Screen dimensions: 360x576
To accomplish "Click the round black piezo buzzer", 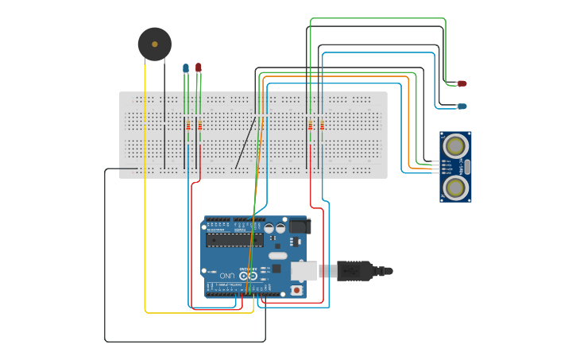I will point(154,45).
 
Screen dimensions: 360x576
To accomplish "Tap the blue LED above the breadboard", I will point(186,68).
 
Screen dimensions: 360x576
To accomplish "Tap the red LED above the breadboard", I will point(199,68).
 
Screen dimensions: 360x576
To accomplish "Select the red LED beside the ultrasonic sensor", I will point(462,83).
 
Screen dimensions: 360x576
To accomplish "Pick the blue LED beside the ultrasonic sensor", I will point(462,106).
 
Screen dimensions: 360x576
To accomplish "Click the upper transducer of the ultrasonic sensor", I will point(455,145).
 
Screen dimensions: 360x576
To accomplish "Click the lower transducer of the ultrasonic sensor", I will point(455,188).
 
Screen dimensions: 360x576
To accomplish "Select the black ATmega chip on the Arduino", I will point(234,239).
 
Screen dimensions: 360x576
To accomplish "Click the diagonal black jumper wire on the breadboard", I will point(245,143).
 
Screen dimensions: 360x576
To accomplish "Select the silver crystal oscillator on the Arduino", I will point(277,256).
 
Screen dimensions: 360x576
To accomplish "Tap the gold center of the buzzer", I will point(154,45).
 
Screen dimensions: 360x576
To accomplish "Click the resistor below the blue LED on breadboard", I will point(188,126).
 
